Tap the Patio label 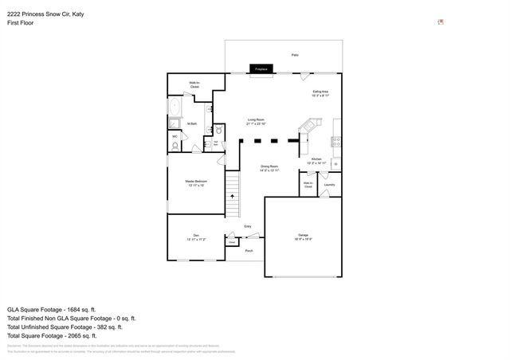295,55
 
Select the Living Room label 255,121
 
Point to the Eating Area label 320,93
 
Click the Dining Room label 269,168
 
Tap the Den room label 191,237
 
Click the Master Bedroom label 196,183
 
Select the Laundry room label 329,185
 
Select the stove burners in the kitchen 337,143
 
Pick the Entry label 248,227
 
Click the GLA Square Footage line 51,309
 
